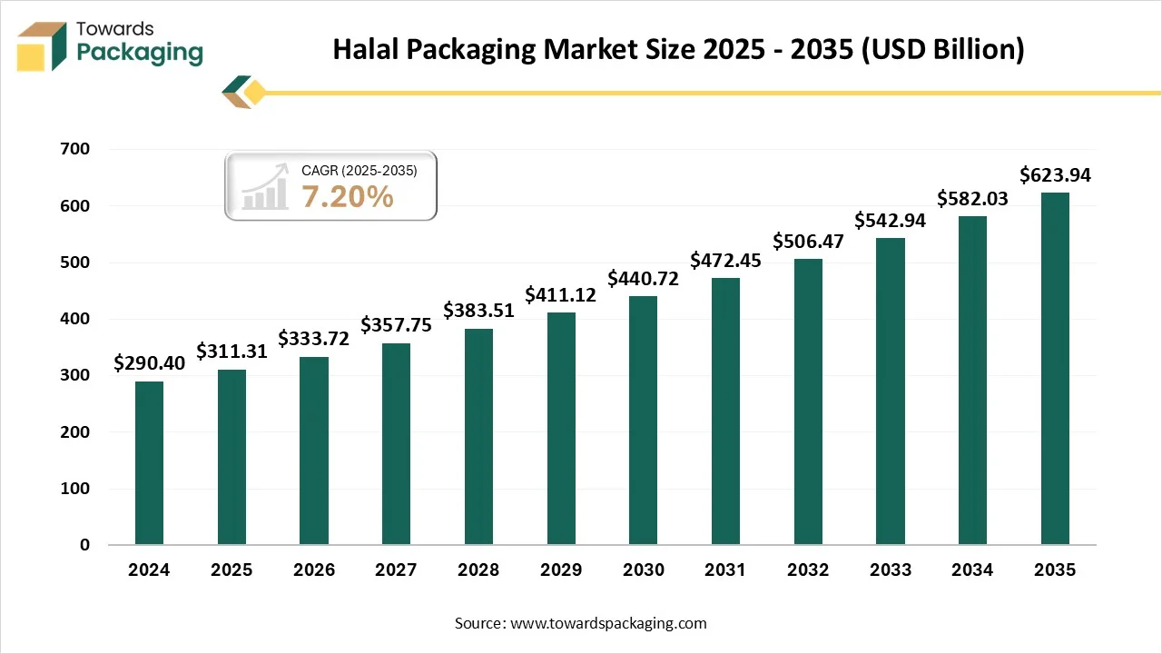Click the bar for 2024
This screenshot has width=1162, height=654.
pos(149,463)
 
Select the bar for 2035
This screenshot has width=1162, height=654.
pos(1055,369)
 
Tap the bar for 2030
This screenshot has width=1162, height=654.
pos(643,421)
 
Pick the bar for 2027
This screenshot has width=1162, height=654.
pos(396,444)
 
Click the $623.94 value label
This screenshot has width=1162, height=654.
pos(1055,175)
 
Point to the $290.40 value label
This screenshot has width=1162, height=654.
pos(149,363)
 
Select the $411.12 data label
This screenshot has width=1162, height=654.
pos(561,295)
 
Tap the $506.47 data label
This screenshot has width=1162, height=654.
pos(808,242)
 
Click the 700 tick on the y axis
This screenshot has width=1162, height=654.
pos(77,150)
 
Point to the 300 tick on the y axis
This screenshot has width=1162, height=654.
pos(77,376)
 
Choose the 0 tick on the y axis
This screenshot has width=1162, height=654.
pos(84,545)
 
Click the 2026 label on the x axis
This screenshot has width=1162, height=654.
pos(313,570)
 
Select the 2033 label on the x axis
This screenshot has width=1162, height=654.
pos(890,570)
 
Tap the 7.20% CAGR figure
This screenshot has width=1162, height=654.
pos(348,195)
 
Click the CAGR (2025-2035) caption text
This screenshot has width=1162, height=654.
pos(359,170)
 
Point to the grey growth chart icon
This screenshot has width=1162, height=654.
pos(264,188)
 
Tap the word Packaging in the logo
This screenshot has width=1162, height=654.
pos(140,53)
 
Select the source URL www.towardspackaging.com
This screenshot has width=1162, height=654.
pos(608,623)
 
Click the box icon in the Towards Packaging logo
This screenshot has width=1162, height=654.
pos(43,46)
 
